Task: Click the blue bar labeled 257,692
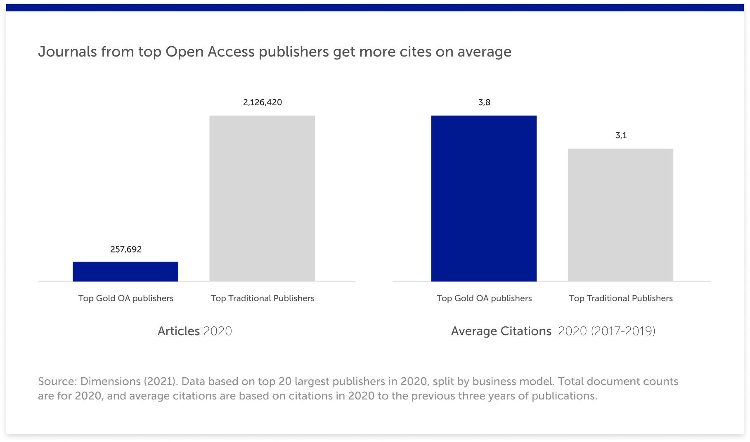point(125,272)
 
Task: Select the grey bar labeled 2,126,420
point(262,198)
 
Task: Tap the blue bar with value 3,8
point(484,198)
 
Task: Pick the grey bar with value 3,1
point(620,215)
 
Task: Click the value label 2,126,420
point(263,102)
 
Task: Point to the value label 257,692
point(126,249)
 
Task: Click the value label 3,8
point(484,102)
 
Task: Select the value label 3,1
point(621,135)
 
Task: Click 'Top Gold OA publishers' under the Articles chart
point(126,298)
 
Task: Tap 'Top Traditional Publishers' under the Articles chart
point(263,298)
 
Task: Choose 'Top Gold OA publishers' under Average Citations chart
point(484,298)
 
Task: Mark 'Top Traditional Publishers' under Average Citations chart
point(621,298)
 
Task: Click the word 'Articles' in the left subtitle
point(179,331)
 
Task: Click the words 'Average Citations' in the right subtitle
point(501,331)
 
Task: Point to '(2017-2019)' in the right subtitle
point(623,331)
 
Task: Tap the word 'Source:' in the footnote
point(57,381)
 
